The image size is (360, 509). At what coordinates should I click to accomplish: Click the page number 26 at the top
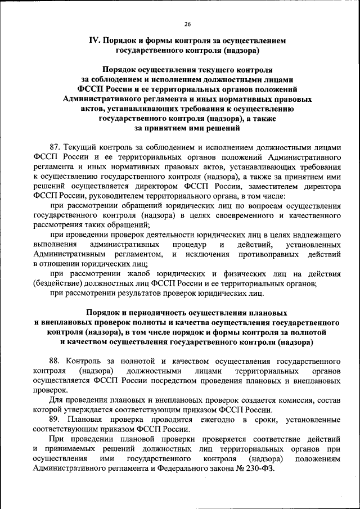pyautogui.click(x=187, y=24)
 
